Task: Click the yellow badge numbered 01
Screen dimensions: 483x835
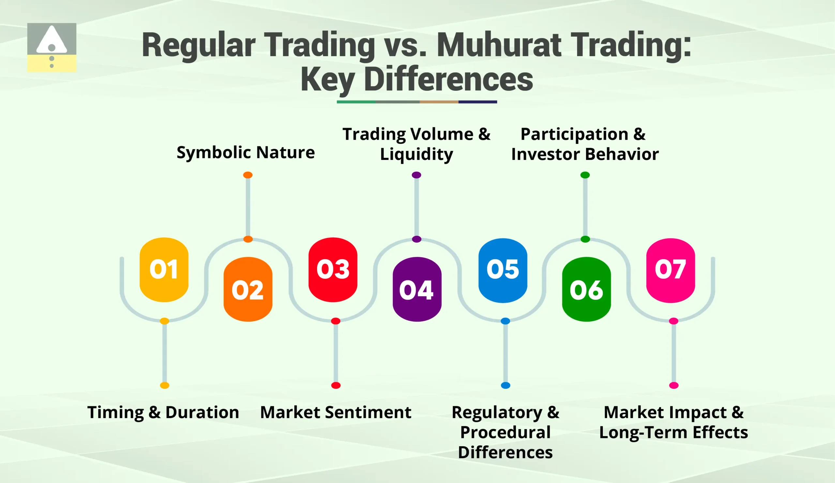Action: [x=164, y=269]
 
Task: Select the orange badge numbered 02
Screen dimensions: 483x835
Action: [x=248, y=289]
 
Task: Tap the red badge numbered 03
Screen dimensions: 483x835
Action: [x=333, y=269]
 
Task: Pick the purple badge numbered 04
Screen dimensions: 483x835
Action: [x=417, y=289]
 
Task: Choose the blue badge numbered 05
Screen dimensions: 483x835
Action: [x=503, y=270]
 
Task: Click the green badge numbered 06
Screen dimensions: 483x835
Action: [x=586, y=289]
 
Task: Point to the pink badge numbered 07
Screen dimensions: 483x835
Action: [x=670, y=270]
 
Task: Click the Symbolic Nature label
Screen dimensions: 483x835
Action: [x=246, y=152]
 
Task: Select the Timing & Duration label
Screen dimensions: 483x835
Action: [x=163, y=413]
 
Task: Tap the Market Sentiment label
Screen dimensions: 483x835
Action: [x=336, y=413]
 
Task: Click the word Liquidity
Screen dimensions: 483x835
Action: [x=416, y=154]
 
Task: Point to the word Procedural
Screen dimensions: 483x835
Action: [x=505, y=432]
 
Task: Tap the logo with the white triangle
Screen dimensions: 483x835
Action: [x=52, y=47]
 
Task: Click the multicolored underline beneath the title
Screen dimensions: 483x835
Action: [x=417, y=102]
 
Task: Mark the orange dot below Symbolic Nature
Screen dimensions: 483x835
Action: [x=248, y=175]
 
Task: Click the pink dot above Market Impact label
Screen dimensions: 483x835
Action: [x=674, y=385]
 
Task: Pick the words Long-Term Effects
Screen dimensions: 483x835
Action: [x=673, y=432]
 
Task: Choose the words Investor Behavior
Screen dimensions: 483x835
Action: [x=585, y=154]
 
